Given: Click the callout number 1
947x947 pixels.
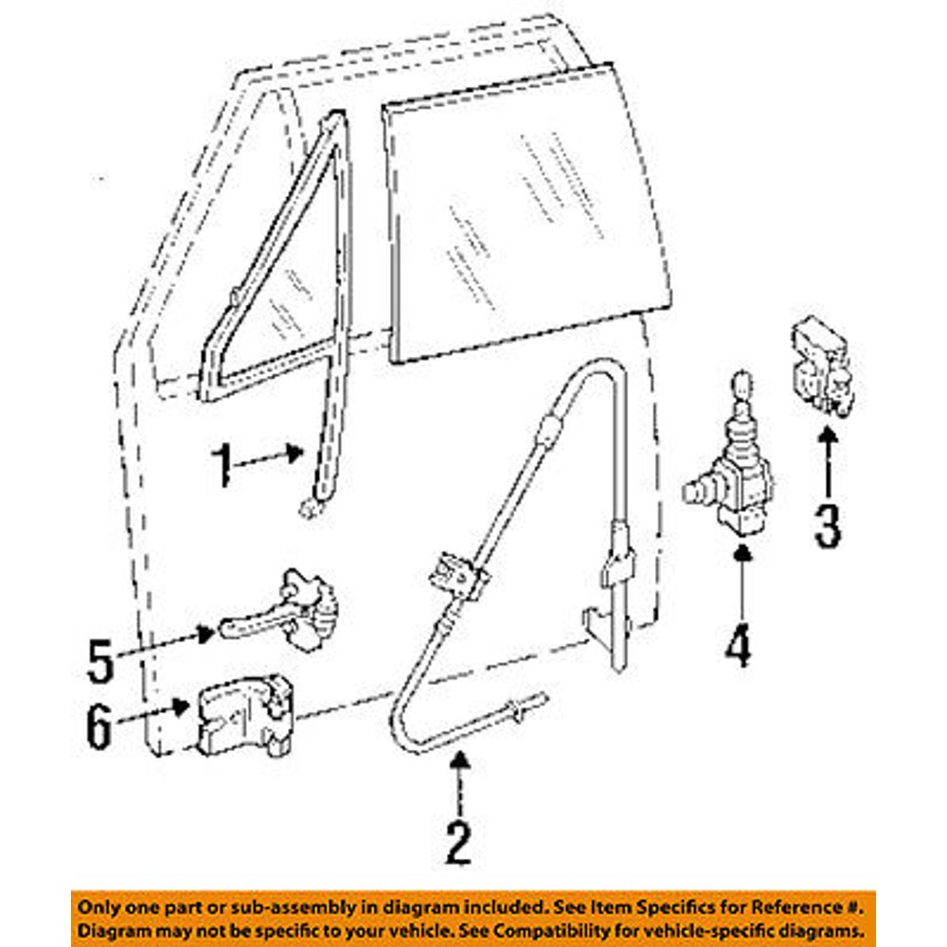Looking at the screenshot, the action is [223, 465].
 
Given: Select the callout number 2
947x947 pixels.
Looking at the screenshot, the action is [458, 843].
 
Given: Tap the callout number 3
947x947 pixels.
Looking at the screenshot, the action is [828, 527].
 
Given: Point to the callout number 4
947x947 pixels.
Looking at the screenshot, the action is [739, 646].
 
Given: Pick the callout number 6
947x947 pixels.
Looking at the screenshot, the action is [99, 727].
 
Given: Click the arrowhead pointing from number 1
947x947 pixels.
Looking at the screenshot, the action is [295, 453].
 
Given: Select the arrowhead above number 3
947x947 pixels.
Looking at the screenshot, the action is [829, 436].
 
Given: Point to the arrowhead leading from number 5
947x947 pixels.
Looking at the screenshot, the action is [206, 634].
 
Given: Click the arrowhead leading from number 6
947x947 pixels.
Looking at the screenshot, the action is [181, 706].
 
